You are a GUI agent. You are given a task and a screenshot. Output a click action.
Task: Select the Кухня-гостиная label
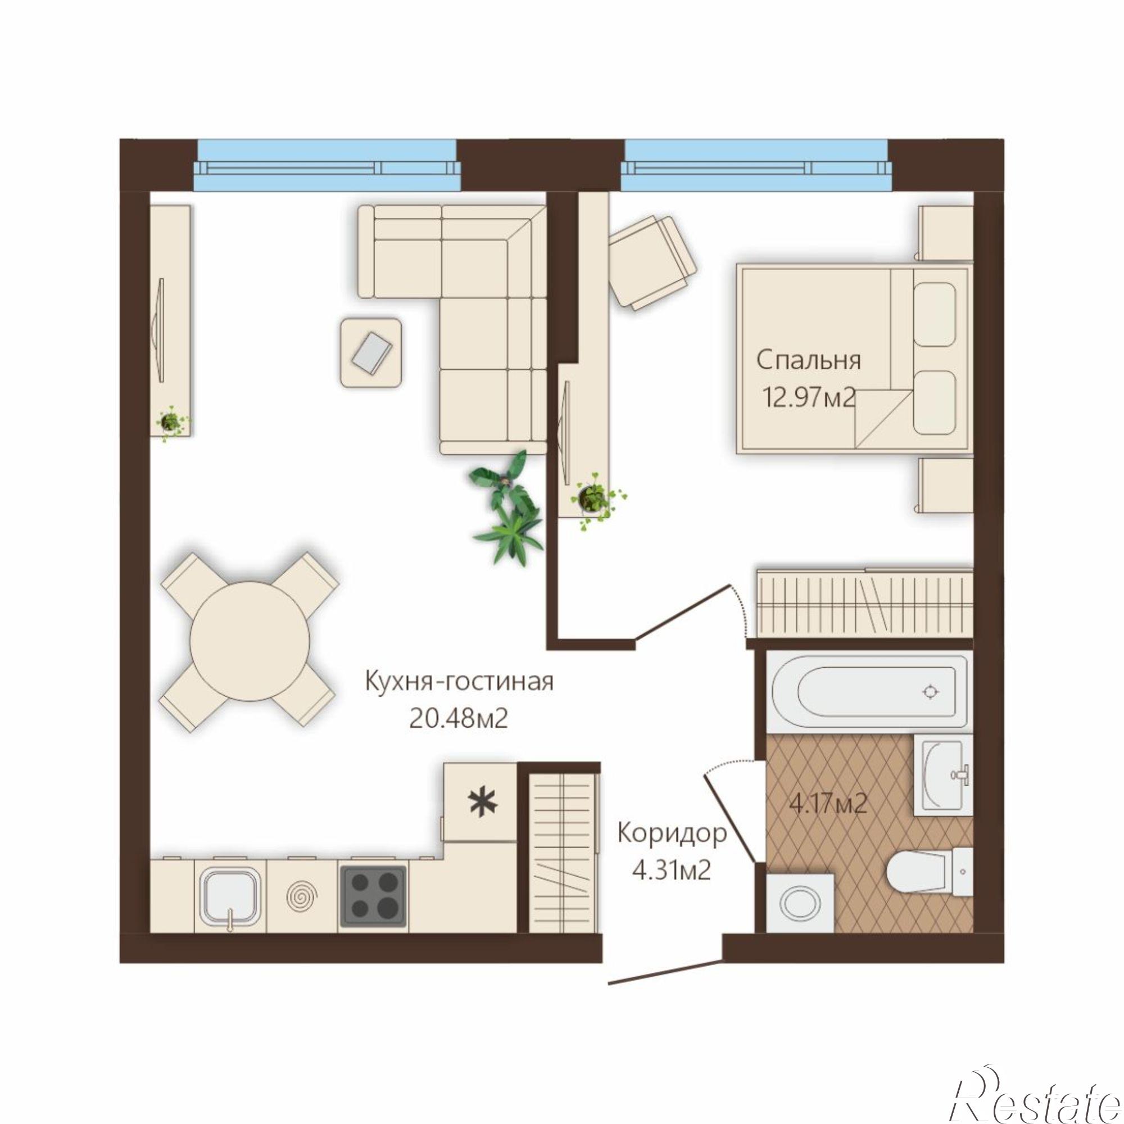coord(459,681)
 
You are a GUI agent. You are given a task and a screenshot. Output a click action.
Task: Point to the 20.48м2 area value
coord(459,719)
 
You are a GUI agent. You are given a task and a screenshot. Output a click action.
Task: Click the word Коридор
coord(672,833)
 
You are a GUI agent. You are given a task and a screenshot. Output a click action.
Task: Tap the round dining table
coord(250,641)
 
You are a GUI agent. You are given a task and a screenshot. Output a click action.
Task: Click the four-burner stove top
coord(373,896)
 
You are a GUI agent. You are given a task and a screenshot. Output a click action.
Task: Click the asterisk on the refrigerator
coord(484,803)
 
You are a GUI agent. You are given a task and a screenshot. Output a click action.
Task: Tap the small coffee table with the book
coord(371,352)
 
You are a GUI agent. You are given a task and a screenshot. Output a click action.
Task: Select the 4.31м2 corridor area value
coord(672,871)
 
